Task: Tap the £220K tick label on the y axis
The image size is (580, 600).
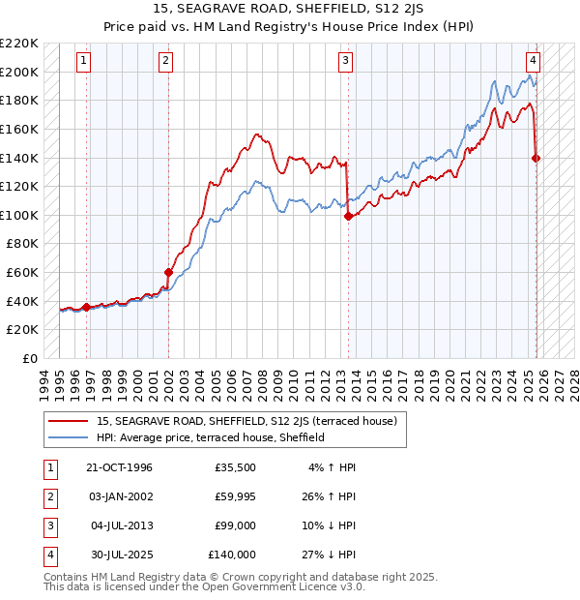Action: coord(20,44)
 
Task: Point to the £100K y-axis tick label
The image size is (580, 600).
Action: coord(20,215)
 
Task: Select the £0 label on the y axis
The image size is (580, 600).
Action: coord(29,358)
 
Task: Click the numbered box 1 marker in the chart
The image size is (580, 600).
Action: coord(85,60)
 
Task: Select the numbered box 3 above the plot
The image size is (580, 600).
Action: coord(345,60)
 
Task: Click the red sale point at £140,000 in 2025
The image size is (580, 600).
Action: coord(536,158)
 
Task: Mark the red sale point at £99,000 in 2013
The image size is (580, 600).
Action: coord(348,217)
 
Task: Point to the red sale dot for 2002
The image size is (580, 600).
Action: coord(168,272)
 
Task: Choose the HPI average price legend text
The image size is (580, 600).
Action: coord(210,437)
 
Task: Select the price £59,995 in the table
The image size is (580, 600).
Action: coord(235,495)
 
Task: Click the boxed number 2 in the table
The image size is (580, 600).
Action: coord(49,496)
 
